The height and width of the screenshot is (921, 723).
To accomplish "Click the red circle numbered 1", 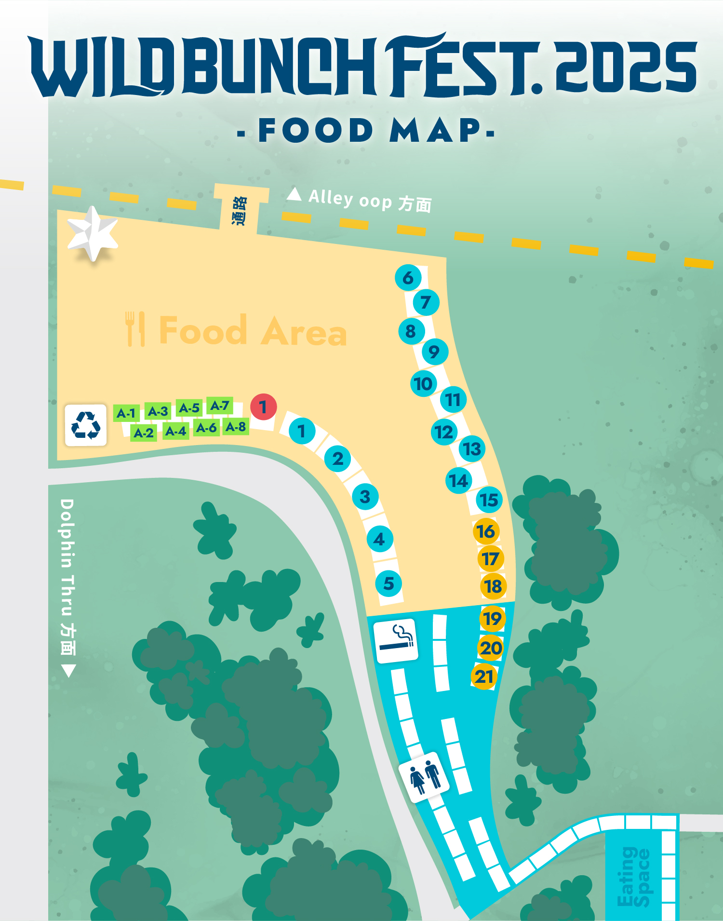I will [x=263, y=407].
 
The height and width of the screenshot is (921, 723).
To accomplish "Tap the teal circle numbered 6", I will [x=408, y=278].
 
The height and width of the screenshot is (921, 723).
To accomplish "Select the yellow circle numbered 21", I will [x=484, y=677].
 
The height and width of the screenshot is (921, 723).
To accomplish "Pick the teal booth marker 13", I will [x=472, y=449].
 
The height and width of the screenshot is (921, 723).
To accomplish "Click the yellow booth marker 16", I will [x=486, y=531].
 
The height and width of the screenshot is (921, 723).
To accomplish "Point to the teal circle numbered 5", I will [x=388, y=583].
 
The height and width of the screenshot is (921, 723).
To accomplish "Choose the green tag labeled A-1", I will [x=126, y=413].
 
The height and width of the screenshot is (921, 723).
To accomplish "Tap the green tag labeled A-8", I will [x=236, y=427].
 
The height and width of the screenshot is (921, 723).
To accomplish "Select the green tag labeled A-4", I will [x=175, y=431].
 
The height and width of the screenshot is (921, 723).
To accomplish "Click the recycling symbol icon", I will [x=86, y=425].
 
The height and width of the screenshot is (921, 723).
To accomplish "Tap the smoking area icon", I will [x=396, y=640].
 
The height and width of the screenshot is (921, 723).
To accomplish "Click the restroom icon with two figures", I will [x=424, y=777].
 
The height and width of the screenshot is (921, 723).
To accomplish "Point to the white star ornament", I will [x=93, y=233].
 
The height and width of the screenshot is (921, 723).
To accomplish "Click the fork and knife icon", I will [x=135, y=329].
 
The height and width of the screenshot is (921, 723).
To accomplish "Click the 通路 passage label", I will [x=239, y=211].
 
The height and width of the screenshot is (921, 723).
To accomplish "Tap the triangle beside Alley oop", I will [x=294, y=194].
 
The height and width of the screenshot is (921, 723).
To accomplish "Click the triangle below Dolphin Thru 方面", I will [x=68, y=671].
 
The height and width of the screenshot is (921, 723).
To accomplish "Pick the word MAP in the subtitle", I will [x=435, y=130].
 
